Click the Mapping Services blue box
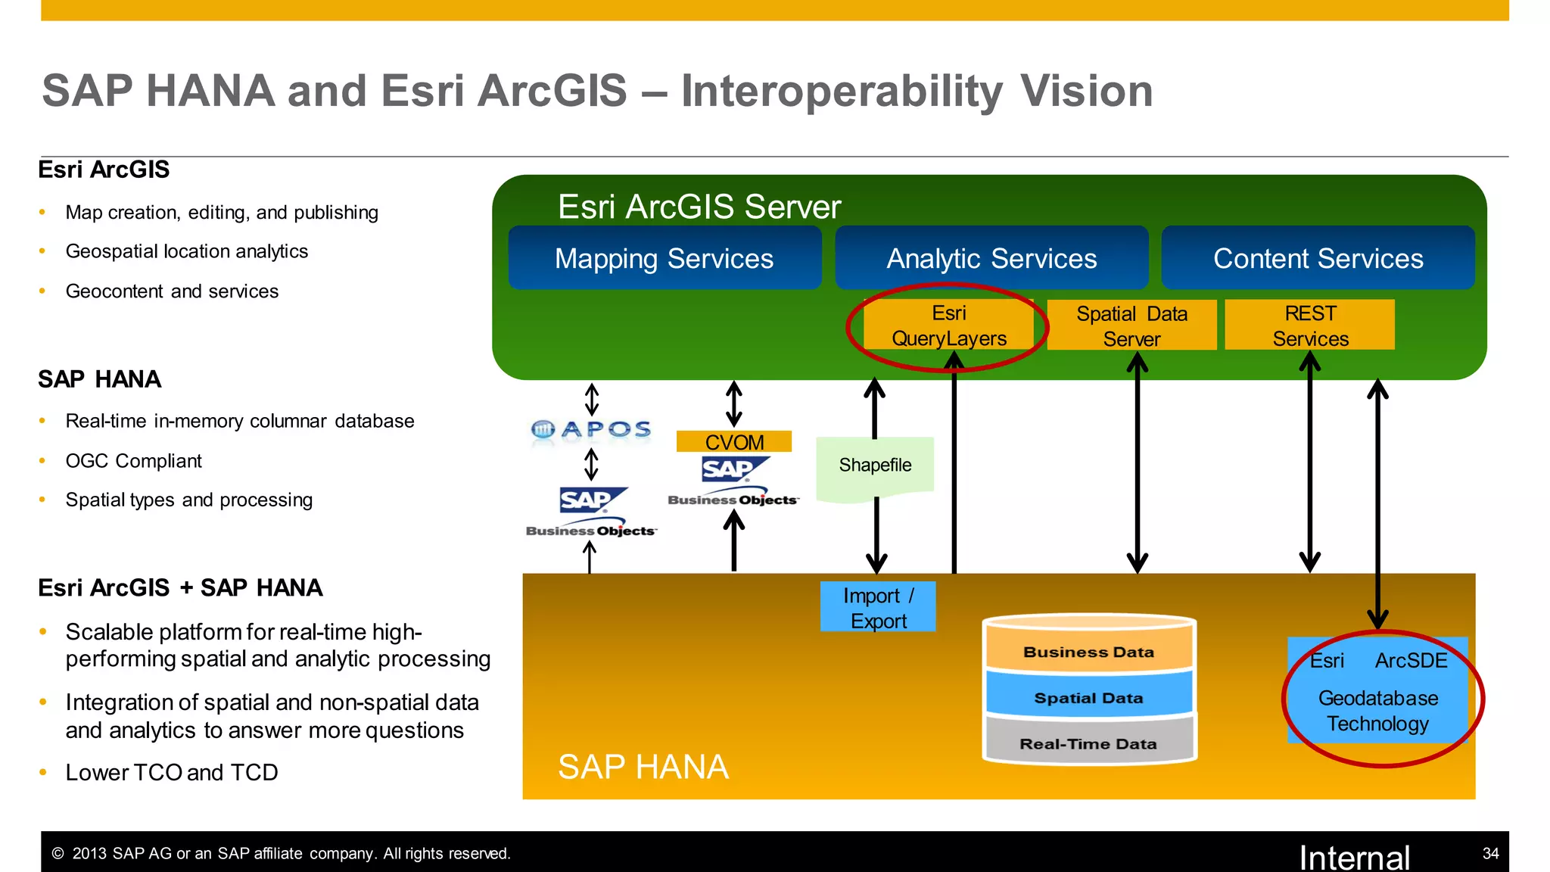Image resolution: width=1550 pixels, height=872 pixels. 665,258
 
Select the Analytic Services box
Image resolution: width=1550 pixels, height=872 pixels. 991,258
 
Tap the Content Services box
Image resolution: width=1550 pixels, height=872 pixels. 1318,258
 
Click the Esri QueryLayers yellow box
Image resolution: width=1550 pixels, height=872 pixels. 948,325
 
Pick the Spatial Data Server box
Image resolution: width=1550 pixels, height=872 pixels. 1131,325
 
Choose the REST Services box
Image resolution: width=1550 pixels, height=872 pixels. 1310,325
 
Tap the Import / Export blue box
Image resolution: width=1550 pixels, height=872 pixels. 878,607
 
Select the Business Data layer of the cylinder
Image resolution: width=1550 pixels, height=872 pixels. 1088,652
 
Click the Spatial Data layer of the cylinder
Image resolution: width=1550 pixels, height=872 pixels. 1088,698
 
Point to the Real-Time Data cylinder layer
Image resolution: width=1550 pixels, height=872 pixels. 1088,743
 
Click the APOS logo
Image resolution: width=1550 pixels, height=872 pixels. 591,430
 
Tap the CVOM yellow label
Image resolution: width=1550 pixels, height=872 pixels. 734,442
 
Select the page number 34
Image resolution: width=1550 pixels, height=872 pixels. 1490,853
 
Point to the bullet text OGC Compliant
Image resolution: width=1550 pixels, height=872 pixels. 134,461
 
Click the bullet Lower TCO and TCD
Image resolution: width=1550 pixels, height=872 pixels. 172,772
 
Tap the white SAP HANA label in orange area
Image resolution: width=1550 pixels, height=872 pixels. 643,767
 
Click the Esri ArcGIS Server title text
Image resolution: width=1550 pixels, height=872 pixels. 699,207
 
